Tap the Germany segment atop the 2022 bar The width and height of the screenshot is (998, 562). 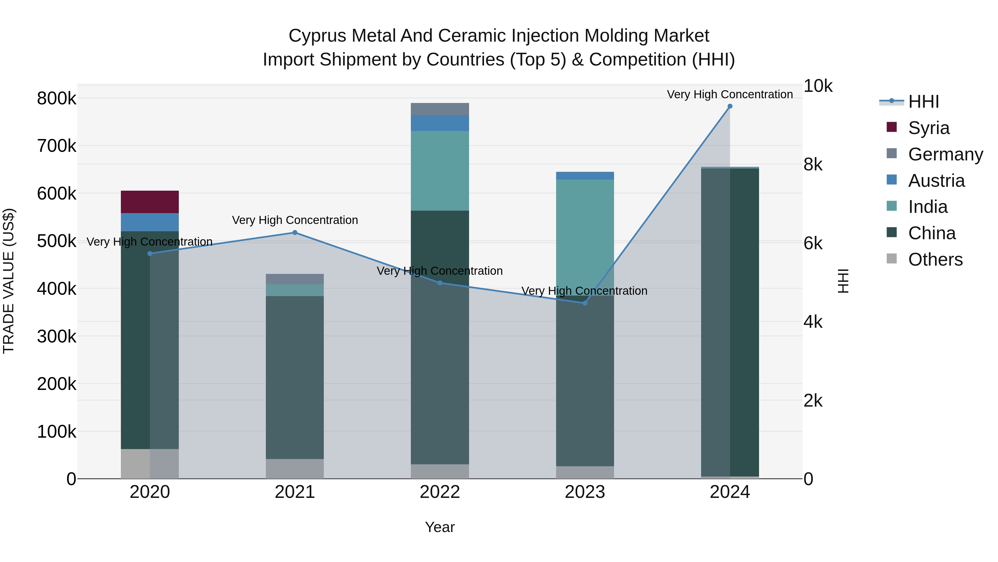point(440,109)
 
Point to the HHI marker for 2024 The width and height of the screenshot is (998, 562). point(730,106)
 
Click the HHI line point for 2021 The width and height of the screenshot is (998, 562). point(295,233)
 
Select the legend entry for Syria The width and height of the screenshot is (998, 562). point(929,128)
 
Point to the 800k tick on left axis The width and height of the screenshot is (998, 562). point(57,99)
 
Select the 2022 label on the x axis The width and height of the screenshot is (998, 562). point(440,492)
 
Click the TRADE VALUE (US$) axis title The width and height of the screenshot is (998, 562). point(9,281)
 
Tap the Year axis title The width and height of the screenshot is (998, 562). point(440,527)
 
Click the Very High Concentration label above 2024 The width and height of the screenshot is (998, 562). point(730,94)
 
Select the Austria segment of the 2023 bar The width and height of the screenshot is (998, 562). point(585,176)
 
